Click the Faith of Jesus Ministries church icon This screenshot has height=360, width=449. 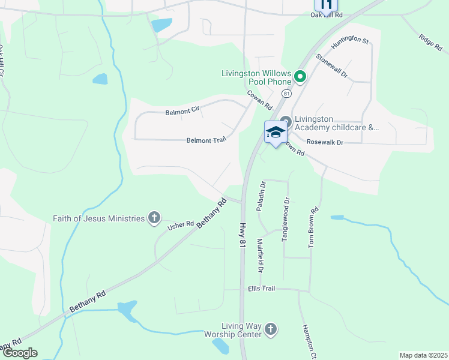click(x=154, y=218)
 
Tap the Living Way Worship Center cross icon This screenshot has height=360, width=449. click(x=271, y=329)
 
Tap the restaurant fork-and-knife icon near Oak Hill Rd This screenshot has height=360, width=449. click(x=326, y=4)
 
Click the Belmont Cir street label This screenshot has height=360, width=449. click(x=182, y=112)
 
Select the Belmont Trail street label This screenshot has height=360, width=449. click(x=206, y=140)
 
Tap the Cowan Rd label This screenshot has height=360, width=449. click(x=259, y=99)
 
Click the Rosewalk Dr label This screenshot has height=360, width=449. click(x=324, y=143)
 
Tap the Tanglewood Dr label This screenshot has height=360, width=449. click(x=286, y=220)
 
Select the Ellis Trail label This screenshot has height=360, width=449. click(x=261, y=289)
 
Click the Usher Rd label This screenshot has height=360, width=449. click(x=181, y=224)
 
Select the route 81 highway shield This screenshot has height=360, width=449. click(x=287, y=94)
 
